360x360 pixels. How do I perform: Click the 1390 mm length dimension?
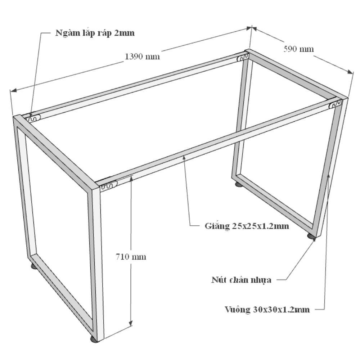pyautogui.click(x=142, y=57)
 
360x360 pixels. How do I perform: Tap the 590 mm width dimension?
pyautogui.click(x=298, y=49)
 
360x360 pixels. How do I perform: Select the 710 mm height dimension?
pyautogui.click(x=131, y=256)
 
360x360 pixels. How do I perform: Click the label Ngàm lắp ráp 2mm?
pyautogui.click(x=95, y=33)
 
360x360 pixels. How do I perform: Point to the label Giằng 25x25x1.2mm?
pyautogui.click(x=247, y=226)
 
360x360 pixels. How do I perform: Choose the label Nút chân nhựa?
pyautogui.click(x=241, y=280)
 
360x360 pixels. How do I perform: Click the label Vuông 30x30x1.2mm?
pyautogui.click(x=267, y=310)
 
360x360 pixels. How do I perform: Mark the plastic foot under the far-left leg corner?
pyautogui.click(x=34, y=266)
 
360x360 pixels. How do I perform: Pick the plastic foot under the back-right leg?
pyautogui.click(x=238, y=184)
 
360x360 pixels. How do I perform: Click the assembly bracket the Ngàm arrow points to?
pyautogui.click(x=33, y=118)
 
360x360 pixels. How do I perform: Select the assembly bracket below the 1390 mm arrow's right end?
pyautogui.click(x=243, y=58)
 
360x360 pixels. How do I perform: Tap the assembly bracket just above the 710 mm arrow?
pyautogui.click(x=109, y=185)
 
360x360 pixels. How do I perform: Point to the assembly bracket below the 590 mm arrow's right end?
pyautogui.click(x=336, y=104)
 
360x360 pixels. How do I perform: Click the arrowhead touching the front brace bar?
pyautogui.click(x=184, y=158)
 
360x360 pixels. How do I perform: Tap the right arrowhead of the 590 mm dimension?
pyautogui.click(x=350, y=72)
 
